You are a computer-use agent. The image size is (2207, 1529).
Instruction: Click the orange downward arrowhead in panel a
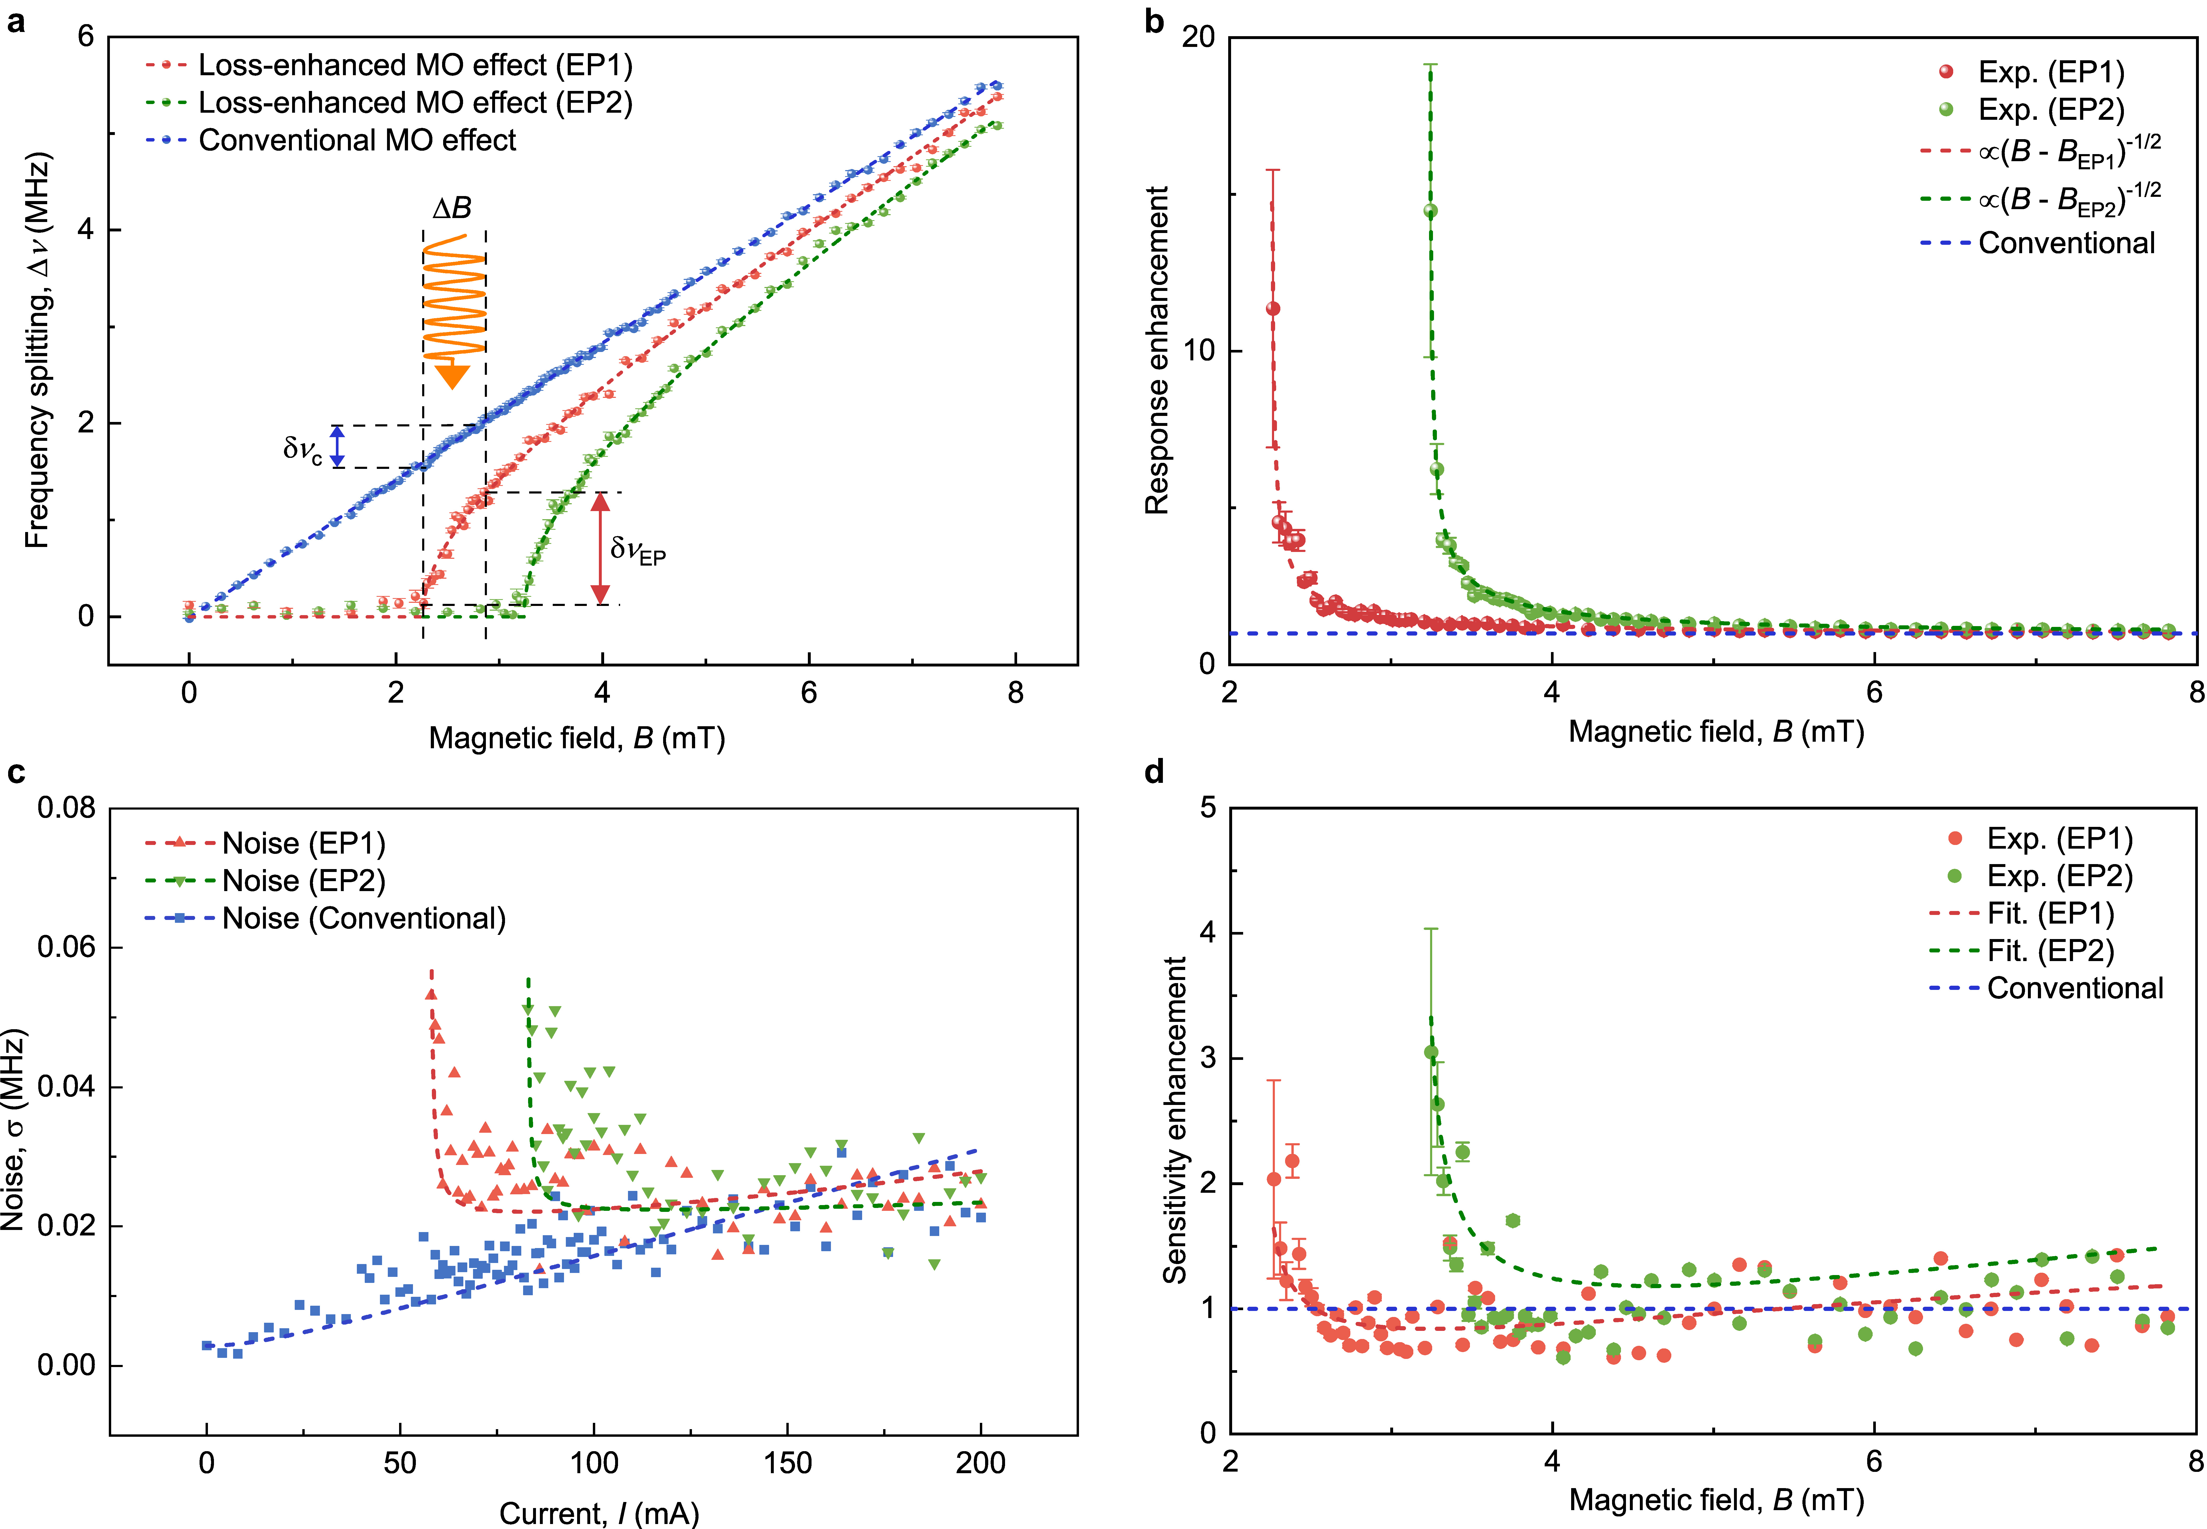[x=452, y=376]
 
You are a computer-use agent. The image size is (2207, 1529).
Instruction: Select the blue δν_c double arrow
[x=337, y=446]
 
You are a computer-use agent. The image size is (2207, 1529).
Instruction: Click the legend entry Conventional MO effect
[x=357, y=141]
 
